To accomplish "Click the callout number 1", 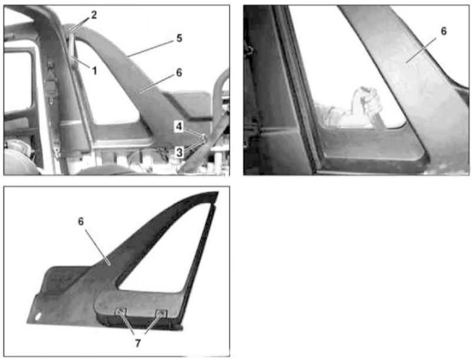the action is coord(95,71).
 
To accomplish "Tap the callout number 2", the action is coord(94,14).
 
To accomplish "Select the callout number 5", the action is coord(179,38).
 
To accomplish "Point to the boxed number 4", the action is coord(179,126).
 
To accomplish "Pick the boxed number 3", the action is coord(179,153).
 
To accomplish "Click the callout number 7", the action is coord(138,343).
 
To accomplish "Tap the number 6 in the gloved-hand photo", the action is coord(444,31).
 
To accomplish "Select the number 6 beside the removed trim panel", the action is coord(81,221).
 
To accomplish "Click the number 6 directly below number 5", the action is coord(179,73).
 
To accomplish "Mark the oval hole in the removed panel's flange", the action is coord(38,316).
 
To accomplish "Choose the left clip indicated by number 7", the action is coord(120,312).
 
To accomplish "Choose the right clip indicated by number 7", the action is coord(161,314).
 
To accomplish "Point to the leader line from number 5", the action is coord(151,48).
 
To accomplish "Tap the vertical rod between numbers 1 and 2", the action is coord(73,45).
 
